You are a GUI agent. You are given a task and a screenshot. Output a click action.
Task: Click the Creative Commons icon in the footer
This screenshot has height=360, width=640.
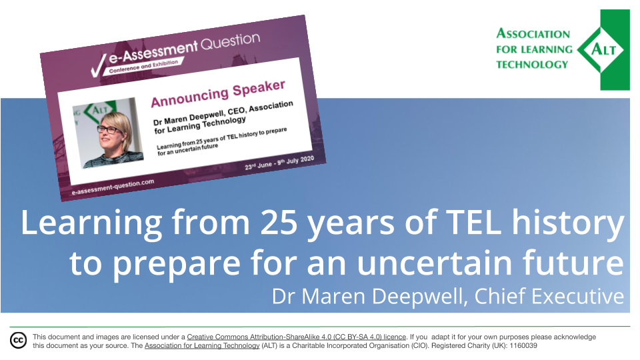[x=19, y=341]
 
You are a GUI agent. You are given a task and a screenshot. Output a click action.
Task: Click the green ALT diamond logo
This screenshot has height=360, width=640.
[x=604, y=50]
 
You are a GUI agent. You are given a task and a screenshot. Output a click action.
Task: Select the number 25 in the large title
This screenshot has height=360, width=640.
[x=279, y=223]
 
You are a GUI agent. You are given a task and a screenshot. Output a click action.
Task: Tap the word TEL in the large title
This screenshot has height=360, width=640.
[x=473, y=223]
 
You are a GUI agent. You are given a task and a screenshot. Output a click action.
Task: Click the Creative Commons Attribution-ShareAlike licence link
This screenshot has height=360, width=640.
[x=296, y=337]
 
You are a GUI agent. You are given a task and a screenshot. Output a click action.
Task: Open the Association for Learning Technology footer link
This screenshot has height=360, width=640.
[x=202, y=346]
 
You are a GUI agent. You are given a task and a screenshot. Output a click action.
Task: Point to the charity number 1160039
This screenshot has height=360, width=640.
[x=523, y=346]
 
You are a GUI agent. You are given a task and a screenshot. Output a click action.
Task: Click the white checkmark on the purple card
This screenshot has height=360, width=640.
[x=98, y=66]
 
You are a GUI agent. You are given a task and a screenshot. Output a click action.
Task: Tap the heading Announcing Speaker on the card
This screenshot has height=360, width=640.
[x=218, y=93]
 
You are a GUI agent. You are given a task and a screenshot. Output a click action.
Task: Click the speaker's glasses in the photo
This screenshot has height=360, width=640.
[x=109, y=130]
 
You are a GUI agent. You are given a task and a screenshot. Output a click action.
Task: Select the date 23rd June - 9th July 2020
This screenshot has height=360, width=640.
[x=279, y=163]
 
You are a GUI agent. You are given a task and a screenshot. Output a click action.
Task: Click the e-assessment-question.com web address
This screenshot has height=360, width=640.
[x=113, y=187]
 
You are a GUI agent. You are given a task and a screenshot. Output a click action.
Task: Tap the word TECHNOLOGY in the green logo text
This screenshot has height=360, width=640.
[x=532, y=65]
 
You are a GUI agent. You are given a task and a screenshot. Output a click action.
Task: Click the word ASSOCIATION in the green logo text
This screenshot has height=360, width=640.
[x=533, y=33]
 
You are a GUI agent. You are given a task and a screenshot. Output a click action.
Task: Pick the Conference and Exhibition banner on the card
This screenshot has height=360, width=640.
[x=144, y=67]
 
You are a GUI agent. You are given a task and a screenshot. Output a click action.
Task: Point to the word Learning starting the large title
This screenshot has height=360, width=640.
[x=91, y=223]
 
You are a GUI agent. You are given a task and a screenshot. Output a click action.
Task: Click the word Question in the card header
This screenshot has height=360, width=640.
[x=230, y=41]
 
